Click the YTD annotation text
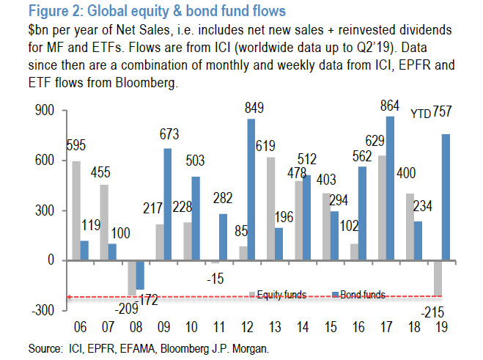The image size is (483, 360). coord(421,114)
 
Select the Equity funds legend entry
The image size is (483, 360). coord(281,295)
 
